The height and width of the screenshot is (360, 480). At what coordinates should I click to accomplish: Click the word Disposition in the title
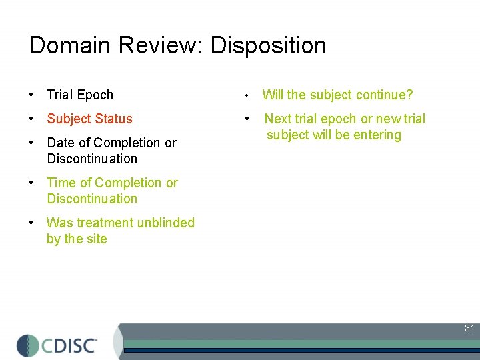click(x=269, y=46)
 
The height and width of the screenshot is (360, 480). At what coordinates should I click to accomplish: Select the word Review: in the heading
click(x=162, y=45)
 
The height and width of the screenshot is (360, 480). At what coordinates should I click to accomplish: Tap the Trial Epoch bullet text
click(x=80, y=95)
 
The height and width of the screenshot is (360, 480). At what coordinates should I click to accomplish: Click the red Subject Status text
click(x=89, y=119)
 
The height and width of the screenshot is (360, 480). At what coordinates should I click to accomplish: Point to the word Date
click(x=61, y=143)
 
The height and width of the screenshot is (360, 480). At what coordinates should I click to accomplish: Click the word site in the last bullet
click(x=97, y=239)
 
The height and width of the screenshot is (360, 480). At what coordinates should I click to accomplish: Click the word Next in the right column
click(x=279, y=119)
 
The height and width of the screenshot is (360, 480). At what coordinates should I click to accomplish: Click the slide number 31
click(x=469, y=328)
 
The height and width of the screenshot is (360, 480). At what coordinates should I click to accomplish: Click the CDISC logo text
click(x=69, y=345)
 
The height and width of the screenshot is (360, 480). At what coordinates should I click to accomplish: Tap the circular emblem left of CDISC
click(x=28, y=345)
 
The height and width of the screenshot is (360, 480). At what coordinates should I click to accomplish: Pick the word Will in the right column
click(x=273, y=95)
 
